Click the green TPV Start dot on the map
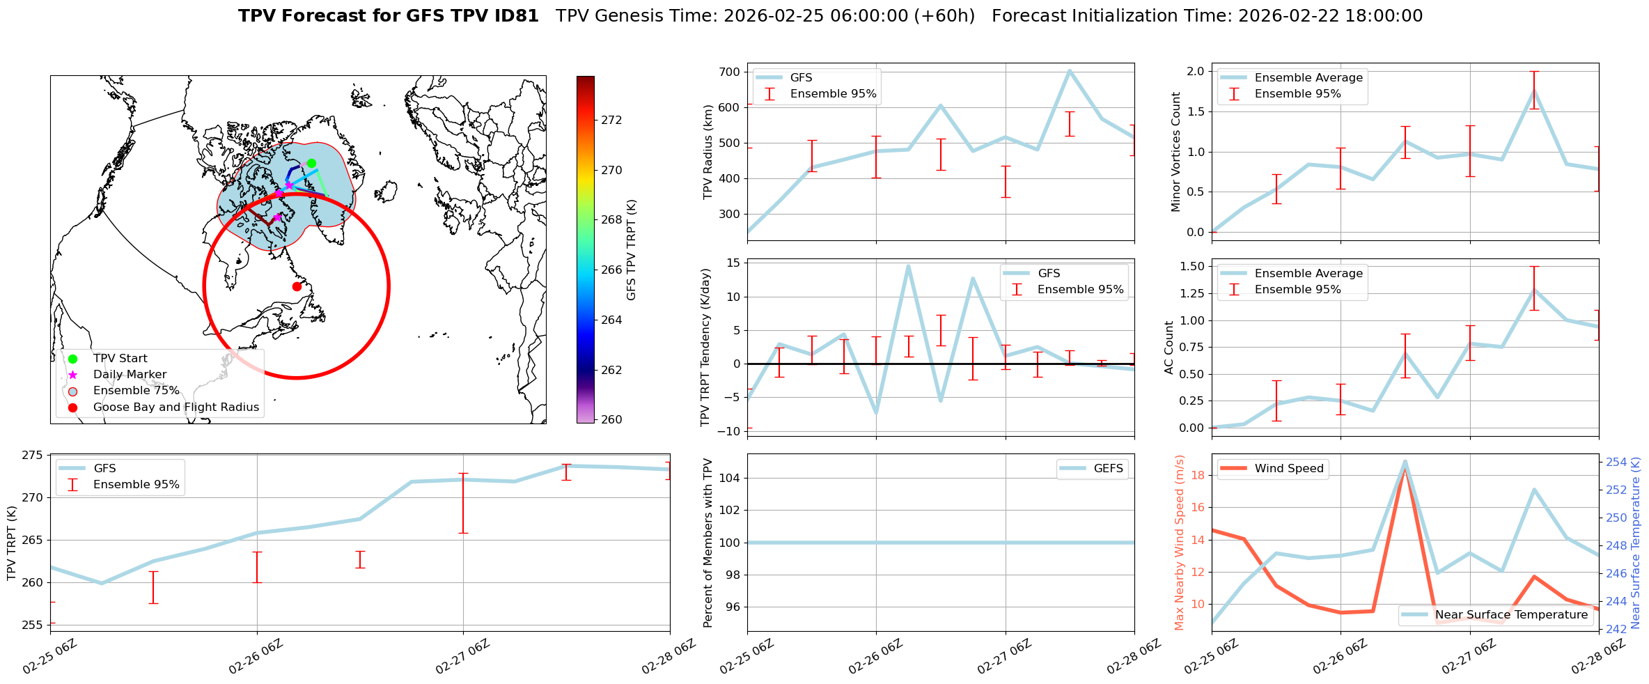coord(311,163)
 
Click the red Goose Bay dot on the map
coord(297,286)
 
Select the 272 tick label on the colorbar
coord(611,120)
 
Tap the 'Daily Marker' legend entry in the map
coord(130,375)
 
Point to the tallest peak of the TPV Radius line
coord(1070,70)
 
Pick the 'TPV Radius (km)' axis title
coord(708,152)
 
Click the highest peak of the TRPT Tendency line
coord(908,265)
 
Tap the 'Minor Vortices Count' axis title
coord(1176,152)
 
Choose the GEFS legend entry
coord(1108,469)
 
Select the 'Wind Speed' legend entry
coord(1288,469)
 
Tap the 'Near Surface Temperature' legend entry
coord(1511,615)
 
